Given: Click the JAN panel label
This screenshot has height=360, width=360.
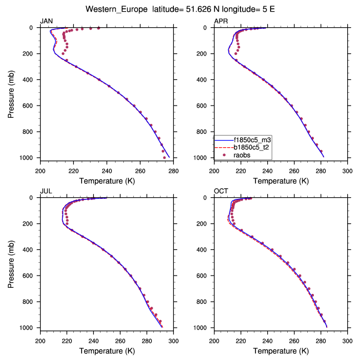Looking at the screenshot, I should (46, 21).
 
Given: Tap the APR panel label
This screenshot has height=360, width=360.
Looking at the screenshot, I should (221, 21).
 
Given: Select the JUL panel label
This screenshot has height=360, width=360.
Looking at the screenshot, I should (46, 191).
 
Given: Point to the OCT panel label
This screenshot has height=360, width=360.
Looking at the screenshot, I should (221, 191).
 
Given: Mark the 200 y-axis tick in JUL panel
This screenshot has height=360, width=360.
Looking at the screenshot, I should (31, 224).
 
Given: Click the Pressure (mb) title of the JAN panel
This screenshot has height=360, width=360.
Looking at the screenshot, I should (12, 93).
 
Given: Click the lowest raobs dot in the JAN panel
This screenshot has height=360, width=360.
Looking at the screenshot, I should (164, 157).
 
